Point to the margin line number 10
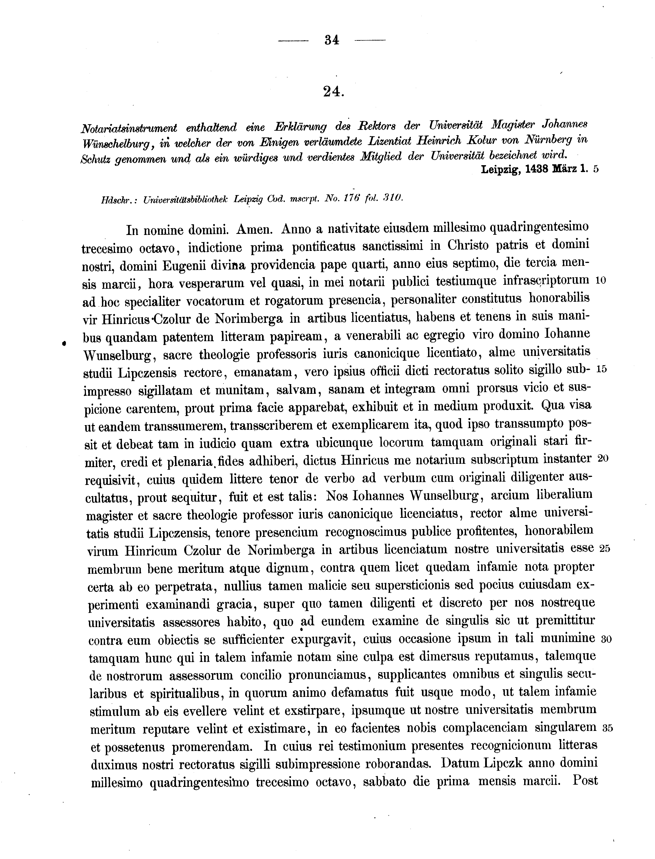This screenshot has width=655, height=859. [600, 280]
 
